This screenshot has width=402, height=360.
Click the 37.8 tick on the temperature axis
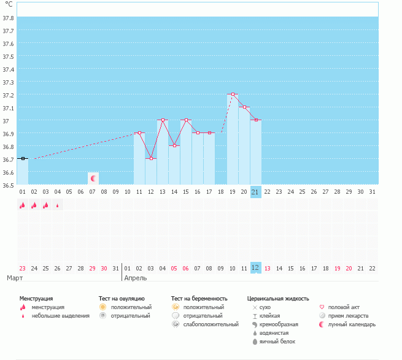pyautogui.click(x=9, y=18)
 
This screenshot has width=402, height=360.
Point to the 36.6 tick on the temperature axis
pyautogui.click(x=9, y=172)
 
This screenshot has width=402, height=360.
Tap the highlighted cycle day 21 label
pyautogui.click(x=256, y=192)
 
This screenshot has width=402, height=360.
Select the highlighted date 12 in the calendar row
pyautogui.click(x=256, y=267)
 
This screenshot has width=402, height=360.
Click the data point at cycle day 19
pyautogui.click(x=233, y=94)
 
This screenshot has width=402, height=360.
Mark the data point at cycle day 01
pyautogui.click(x=23, y=159)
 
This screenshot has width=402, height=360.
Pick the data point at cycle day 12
pyautogui.click(x=151, y=159)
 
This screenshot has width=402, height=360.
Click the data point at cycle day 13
pyautogui.click(x=163, y=120)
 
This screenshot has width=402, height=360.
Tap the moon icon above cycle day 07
pyautogui.click(x=93, y=178)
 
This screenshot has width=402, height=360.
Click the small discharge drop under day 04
pyautogui.click(x=58, y=205)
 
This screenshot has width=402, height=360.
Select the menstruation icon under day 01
pyautogui.click(x=23, y=205)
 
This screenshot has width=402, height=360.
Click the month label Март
pyautogui.click(x=15, y=278)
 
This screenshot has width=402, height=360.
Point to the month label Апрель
pyautogui.click(x=135, y=278)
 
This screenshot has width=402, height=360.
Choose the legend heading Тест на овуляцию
pyautogui.click(x=122, y=299)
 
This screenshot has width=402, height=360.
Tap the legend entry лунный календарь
pyautogui.click(x=352, y=324)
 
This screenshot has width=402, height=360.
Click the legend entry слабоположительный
pyautogui.click(x=211, y=324)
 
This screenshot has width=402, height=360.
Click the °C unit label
pyautogui.click(x=9, y=4)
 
